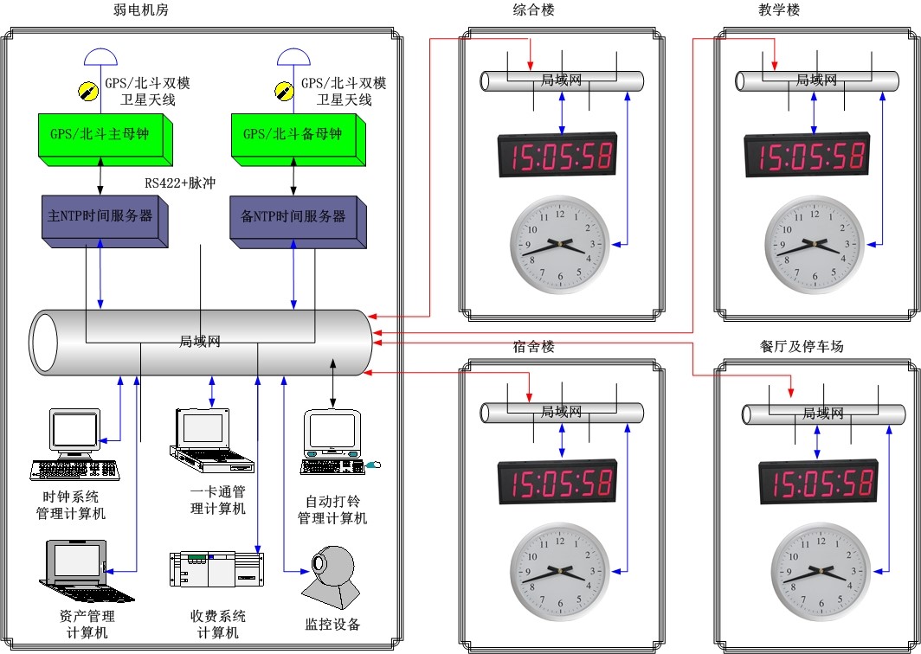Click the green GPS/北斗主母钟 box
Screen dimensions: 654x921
[x=103, y=137]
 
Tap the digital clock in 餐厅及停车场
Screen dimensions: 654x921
[x=817, y=483]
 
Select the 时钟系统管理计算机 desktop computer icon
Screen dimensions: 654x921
[x=74, y=446]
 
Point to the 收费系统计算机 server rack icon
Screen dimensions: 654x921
[x=216, y=568]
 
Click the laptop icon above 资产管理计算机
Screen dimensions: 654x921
[x=87, y=569]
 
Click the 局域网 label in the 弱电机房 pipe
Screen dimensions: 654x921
[x=200, y=341]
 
